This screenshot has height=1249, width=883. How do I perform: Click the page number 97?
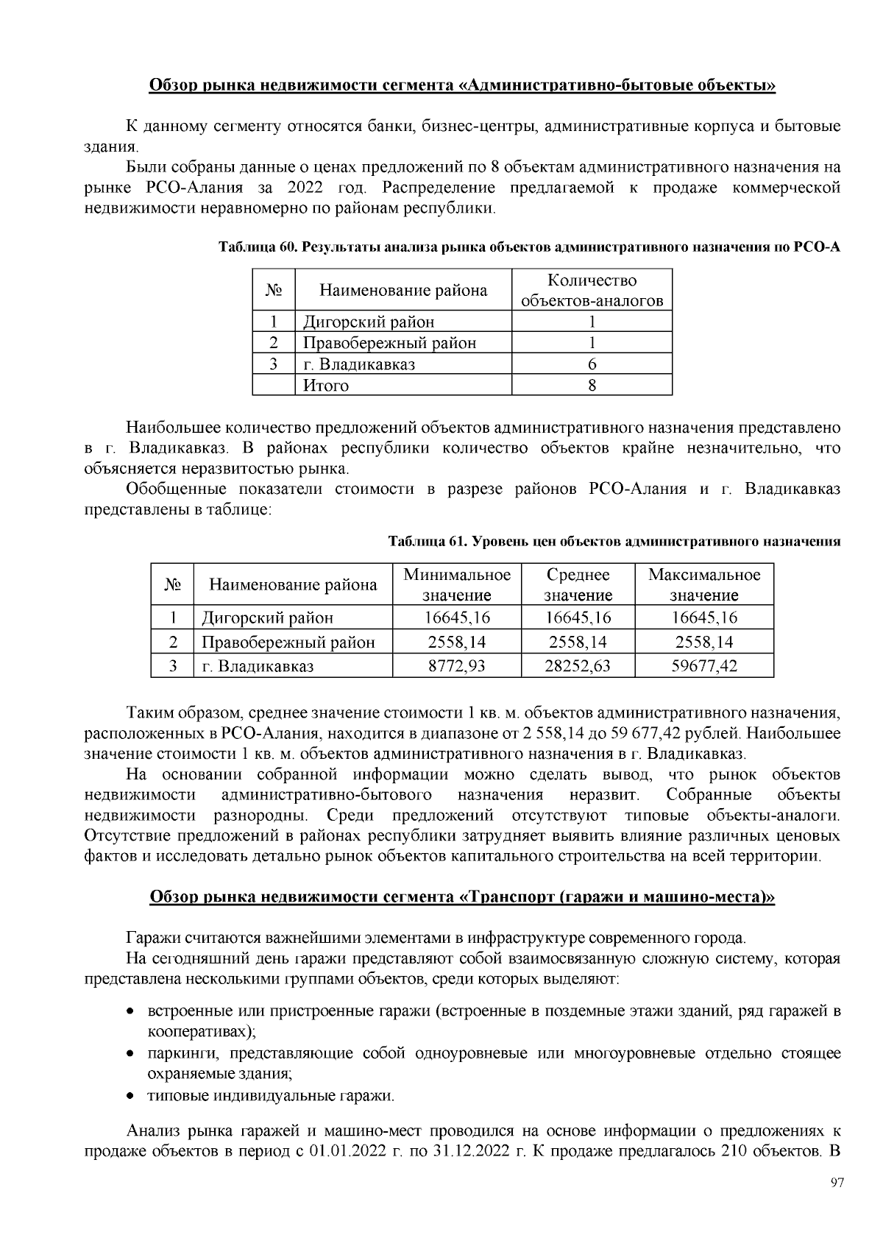836,1183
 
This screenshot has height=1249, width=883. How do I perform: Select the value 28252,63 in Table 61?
578,667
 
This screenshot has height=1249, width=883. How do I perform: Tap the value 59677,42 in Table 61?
704,667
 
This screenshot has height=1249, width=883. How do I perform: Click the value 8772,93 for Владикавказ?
457,667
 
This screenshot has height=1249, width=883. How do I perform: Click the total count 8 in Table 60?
592,386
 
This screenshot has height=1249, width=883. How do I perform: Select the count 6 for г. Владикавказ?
592,364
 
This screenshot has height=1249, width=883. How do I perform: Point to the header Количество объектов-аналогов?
592,290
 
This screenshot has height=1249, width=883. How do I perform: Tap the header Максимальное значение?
704,584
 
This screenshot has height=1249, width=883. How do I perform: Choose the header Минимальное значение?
457,584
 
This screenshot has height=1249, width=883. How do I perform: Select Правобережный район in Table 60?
389,343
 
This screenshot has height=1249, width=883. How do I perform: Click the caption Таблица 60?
257,247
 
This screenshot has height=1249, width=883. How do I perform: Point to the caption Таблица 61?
427,542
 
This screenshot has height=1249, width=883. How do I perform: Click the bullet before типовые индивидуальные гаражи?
130,1096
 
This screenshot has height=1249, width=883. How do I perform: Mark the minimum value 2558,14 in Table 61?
457,643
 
